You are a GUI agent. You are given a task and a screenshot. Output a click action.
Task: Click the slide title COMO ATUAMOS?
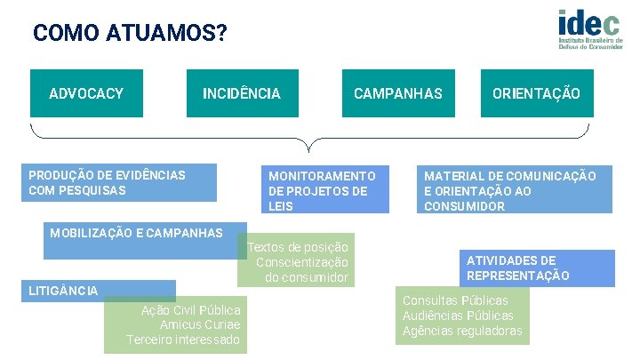click(130, 34)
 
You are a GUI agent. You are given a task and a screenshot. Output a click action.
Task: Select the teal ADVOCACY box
click(86, 93)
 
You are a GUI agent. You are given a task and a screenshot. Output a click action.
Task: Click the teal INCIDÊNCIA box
click(241, 93)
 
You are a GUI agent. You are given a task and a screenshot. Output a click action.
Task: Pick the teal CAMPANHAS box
click(397, 93)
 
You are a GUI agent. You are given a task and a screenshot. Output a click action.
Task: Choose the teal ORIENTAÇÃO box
click(536, 93)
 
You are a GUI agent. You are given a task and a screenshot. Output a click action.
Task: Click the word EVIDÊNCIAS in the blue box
click(151, 175)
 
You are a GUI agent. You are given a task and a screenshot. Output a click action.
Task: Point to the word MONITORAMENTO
click(322, 176)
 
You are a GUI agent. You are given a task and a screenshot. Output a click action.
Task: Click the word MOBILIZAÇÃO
click(87, 233)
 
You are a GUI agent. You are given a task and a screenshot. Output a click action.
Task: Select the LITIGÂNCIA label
click(63, 291)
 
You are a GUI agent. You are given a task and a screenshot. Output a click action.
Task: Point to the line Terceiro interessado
click(183, 340)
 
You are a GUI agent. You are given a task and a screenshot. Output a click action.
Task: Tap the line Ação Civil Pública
click(191, 309)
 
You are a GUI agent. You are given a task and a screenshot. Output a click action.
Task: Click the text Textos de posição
click(299, 246)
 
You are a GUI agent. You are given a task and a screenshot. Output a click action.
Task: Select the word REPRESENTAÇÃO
click(518, 276)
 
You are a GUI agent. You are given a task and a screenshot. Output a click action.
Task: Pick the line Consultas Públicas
click(455, 300)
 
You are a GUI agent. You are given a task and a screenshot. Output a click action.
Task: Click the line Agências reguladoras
click(462, 332)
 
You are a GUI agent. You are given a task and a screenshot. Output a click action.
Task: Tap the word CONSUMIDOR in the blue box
click(464, 206)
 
